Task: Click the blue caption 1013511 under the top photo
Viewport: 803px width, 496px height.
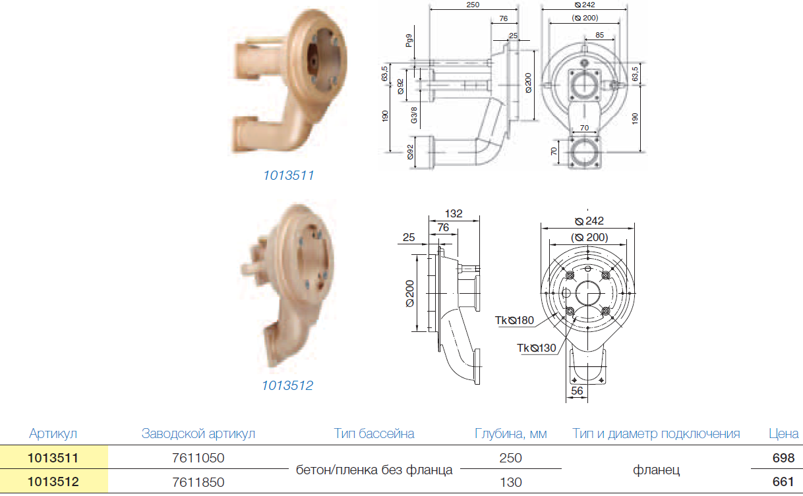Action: pyautogui.click(x=289, y=175)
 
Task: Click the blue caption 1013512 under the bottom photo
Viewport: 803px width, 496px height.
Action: pyautogui.click(x=287, y=386)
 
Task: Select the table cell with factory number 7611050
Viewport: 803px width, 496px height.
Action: pyautogui.click(x=198, y=458)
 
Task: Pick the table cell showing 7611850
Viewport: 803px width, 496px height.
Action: pyautogui.click(x=198, y=482)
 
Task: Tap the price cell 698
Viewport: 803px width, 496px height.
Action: pyautogui.click(x=784, y=458)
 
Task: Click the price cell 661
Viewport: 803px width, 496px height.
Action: pyautogui.click(x=784, y=482)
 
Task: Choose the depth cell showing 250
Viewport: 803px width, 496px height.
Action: pyautogui.click(x=511, y=458)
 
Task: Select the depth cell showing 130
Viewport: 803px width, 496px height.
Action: pyautogui.click(x=511, y=482)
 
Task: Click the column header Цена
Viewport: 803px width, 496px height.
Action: pyautogui.click(x=784, y=433)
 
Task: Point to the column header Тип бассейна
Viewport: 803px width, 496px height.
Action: pyautogui.click(x=374, y=433)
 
